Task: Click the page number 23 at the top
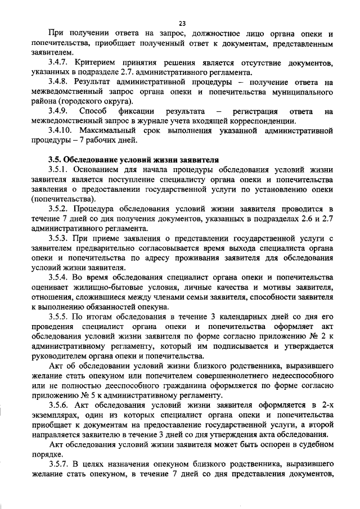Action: pos(182,23)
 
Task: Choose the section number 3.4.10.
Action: pos(62,130)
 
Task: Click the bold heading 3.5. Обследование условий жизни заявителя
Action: pos(133,159)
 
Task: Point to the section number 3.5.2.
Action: pos(60,208)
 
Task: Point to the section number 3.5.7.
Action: pos(60,464)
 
